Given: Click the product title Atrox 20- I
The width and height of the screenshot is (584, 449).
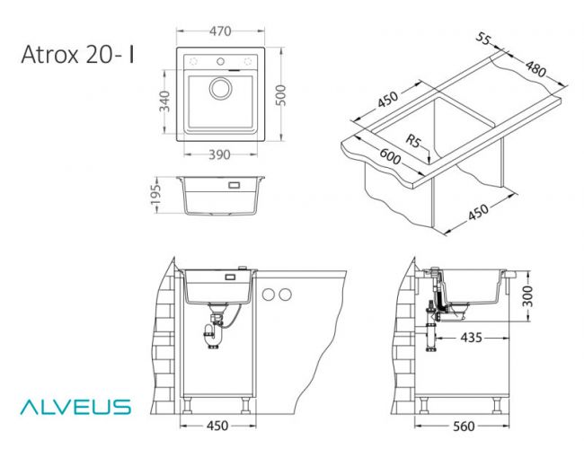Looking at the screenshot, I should (78, 55).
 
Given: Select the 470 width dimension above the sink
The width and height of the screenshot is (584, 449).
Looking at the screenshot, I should (220, 31).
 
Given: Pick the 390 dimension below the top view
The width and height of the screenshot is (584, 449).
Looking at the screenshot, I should (220, 154).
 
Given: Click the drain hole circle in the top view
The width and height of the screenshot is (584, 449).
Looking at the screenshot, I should (220, 88).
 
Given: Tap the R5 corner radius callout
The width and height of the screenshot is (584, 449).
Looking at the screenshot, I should (413, 141).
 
